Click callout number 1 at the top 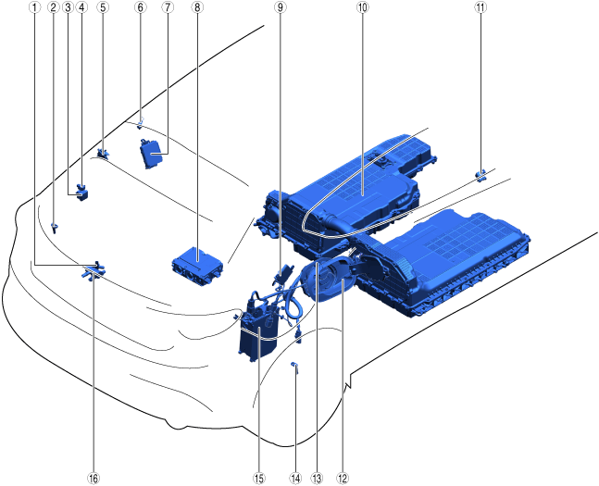click(x=35, y=6)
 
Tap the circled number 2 click(x=53, y=6)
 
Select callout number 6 click(x=140, y=6)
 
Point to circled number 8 click(x=197, y=6)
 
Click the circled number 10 click(x=363, y=6)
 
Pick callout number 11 click(x=480, y=6)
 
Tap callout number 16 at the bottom click(x=94, y=479)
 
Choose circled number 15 click(x=258, y=479)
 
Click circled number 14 click(x=295, y=479)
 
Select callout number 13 click(x=317, y=479)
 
